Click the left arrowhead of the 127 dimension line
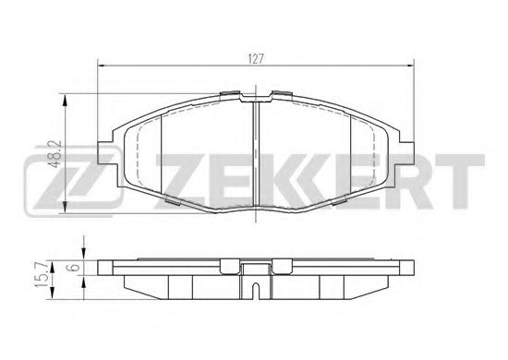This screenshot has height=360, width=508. coord(103,66)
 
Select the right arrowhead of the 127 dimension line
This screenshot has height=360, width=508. coord(408,66)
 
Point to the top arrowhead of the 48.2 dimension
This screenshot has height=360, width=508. coord(64,95)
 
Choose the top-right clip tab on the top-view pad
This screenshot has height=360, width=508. coord(280,95)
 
